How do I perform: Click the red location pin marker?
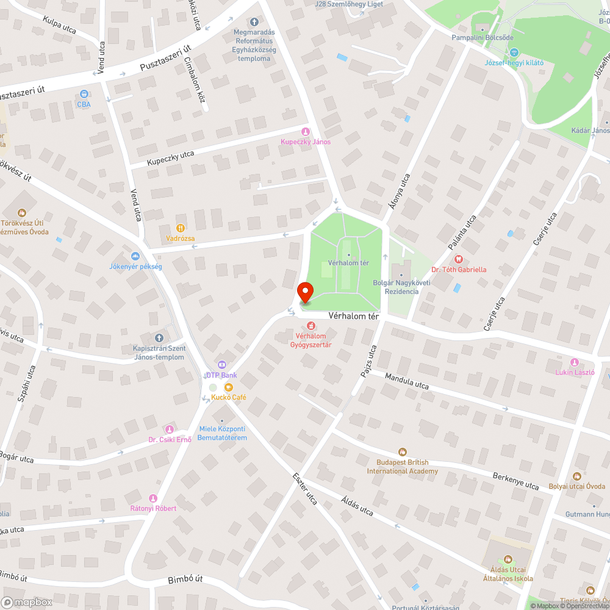(304, 292)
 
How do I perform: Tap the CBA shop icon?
(84, 94)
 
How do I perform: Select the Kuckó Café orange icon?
(228, 387)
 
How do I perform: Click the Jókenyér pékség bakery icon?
(135, 256)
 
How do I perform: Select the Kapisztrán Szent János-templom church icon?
(159, 337)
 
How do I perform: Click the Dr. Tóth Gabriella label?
(459, 269)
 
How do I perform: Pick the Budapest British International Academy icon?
(402, 451)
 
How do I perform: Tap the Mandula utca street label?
(406, 381)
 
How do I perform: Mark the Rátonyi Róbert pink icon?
(153, 498)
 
